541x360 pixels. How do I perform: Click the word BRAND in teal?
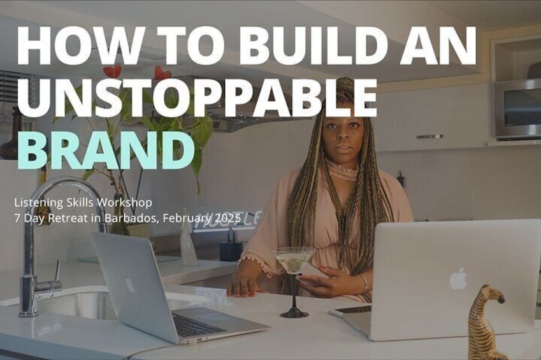click(x=105, y=149)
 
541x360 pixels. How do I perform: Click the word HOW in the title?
click(x=80, y=45)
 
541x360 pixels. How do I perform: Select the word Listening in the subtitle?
click(x=34, y=203)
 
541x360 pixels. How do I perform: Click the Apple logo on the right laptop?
click(x=458, y=278)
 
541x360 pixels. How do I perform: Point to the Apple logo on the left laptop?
click(x=129, y=285)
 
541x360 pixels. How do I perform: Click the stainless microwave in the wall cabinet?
click(x=517, y=109)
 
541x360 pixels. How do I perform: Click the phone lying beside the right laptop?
click(x=349, y=310)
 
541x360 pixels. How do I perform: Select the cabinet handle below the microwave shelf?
click(x=429, y=137)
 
